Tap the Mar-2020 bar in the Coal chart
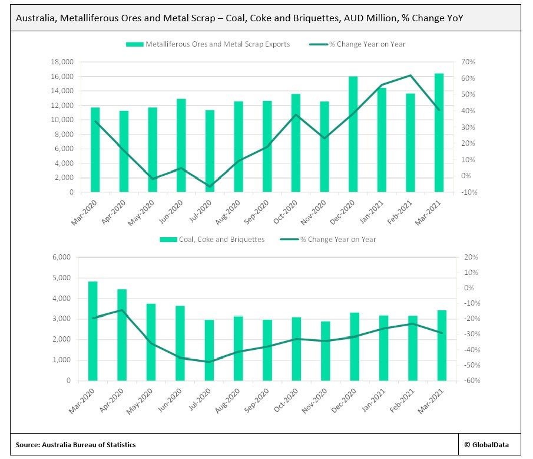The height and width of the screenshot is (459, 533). pyautogui.click(x=92, y=331)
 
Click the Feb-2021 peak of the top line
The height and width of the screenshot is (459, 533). pyautogui.click(x=410, y=76)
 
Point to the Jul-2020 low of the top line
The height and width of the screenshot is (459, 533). pyautogui.click(x=209, y=186)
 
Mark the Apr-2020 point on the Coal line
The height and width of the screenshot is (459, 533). pyautogui.click(x=122, y=310)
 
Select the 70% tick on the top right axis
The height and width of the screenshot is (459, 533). pyautogui.click(x=468, y=62)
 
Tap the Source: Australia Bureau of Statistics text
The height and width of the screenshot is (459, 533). pyautogui.click(x=77, y=444)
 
